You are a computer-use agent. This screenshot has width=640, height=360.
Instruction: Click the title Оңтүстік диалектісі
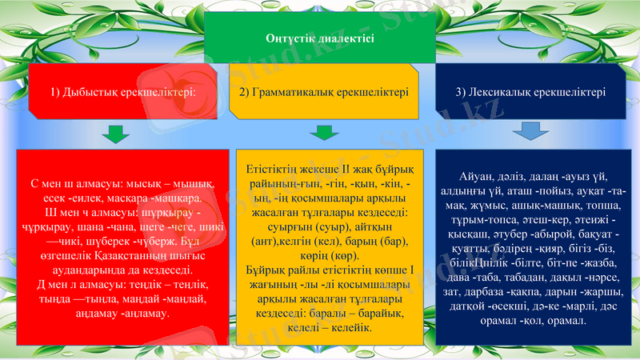[x=319, y=37]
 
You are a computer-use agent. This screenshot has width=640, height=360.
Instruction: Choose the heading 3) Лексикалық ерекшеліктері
[x=530, y=92]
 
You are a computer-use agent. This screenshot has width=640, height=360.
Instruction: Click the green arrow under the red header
[x=116, y=133]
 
